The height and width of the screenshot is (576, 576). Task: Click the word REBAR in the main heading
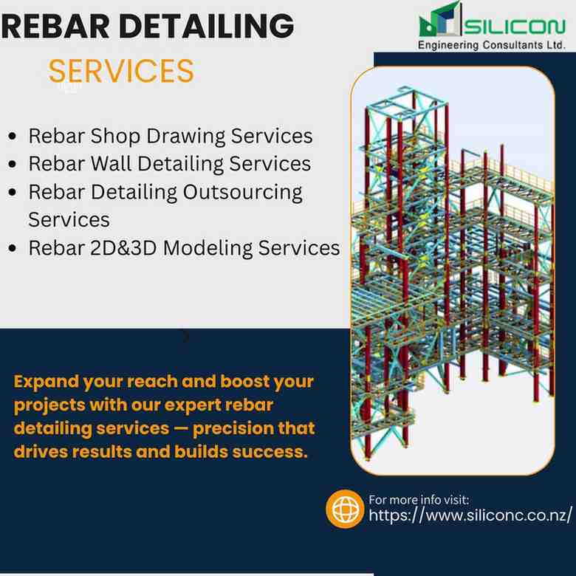[55, 26]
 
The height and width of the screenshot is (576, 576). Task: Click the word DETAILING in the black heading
[207, 26]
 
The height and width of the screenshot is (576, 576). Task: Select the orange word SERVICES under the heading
[121, 71]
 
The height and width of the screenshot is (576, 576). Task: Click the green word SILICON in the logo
[515, 27]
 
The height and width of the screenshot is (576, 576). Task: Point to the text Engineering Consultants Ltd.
[491, 45]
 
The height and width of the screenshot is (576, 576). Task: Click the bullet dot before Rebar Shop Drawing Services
[12, 137]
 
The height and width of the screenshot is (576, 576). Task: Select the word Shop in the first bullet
[115, 136]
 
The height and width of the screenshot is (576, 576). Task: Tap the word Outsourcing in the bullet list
[243, 193]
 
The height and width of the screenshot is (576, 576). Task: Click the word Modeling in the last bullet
[208, 249]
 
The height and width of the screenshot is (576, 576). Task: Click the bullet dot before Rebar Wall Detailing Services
[12, 164]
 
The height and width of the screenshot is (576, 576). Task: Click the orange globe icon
[345, 509]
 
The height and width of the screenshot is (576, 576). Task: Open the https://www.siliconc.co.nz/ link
[470, 515]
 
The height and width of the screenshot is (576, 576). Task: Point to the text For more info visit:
[419, 500]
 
